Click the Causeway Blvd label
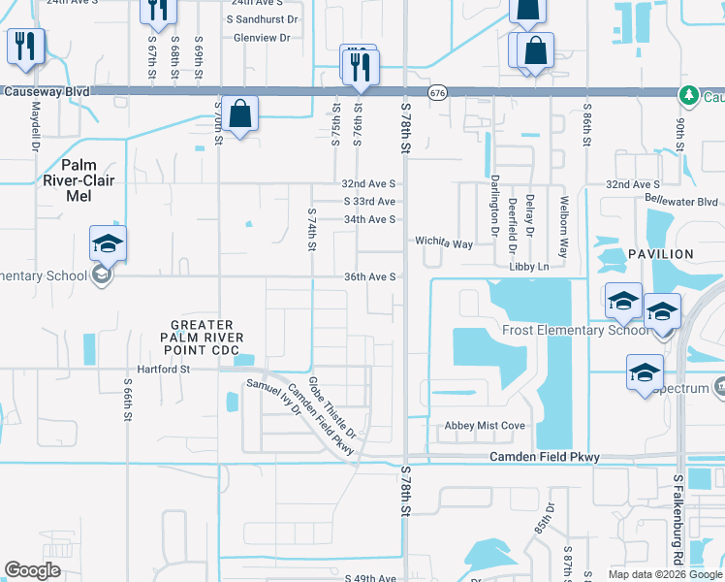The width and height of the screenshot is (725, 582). coord(47,91)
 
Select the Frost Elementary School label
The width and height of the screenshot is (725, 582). coord(576,330)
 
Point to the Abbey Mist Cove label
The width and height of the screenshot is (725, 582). coord(485,426)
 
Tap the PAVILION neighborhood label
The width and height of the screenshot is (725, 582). coord(661,254)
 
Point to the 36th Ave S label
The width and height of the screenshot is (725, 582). coord(369,276)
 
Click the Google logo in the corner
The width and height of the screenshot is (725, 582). coord(33,570)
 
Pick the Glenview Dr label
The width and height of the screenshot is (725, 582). coord(262,38)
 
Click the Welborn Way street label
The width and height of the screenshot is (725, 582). coord(563,214)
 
